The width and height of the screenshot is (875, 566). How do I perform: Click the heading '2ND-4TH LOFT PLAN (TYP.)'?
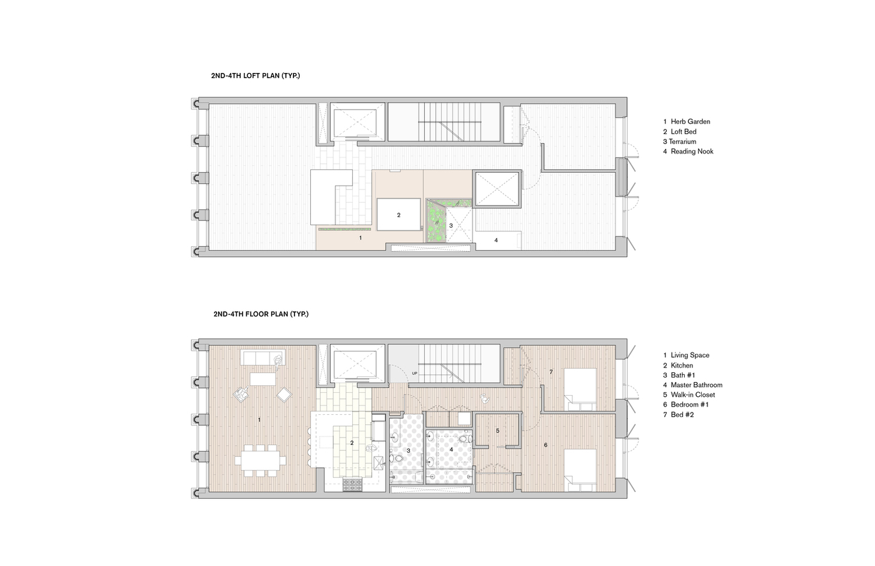pos(256,76)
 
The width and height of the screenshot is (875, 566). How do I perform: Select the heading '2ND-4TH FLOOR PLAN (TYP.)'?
pos(261,314)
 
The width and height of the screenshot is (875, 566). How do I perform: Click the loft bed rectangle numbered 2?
pos(398,215)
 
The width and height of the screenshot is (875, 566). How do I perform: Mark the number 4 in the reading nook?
pos(496,240)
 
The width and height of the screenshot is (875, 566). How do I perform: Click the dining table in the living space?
pos(260,461)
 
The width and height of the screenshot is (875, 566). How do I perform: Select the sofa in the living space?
pos(262,358)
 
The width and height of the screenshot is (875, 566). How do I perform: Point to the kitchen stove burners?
pos(353,485)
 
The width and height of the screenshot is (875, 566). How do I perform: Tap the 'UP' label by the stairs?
pos(414,373)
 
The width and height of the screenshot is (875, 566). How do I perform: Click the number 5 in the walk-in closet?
pos(498,431)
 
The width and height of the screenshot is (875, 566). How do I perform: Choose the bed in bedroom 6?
pos(580,470)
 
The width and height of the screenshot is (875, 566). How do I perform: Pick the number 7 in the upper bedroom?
pos(551,372)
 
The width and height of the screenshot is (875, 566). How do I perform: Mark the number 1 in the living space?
pos(260,420)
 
